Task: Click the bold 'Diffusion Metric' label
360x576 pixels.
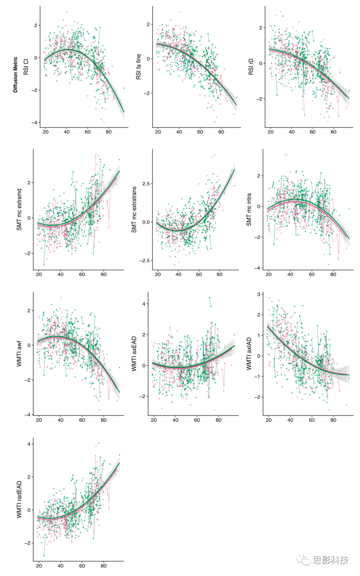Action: click(x=15, y=75)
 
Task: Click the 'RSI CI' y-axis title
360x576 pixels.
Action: click(x=26, y=67)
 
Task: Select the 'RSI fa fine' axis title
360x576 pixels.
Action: click(x=138, y=67)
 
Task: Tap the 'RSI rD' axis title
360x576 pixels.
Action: click(x=251, y=67)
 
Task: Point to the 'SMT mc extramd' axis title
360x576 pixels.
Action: click(x=19, y=210)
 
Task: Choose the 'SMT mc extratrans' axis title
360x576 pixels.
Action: click(x=134, y=210)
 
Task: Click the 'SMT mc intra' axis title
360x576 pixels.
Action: click(x=249, y=210)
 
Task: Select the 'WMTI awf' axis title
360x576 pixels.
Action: click(x=19, y=354)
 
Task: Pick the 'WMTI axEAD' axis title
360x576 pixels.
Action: click(x=134, y=354)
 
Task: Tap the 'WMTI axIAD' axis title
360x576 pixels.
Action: click(x=249, y=354)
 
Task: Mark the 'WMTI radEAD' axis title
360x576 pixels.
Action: click(x=19, y=499)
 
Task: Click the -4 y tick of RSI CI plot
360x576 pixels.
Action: click(x=34, y=123)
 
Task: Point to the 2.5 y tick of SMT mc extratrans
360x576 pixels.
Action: click(x=146, y=184)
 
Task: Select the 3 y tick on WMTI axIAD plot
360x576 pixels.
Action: click(x=259, y=294)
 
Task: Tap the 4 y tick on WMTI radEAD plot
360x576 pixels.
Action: click(x=29, y=444)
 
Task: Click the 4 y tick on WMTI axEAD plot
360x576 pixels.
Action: click(x=144, y=304)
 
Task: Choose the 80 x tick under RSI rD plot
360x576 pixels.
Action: click(x=333, y=132)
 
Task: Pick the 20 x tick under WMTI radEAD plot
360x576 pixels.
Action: click(x=39, y=566)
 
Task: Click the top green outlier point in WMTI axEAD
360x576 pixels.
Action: click(x=210, y=298)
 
